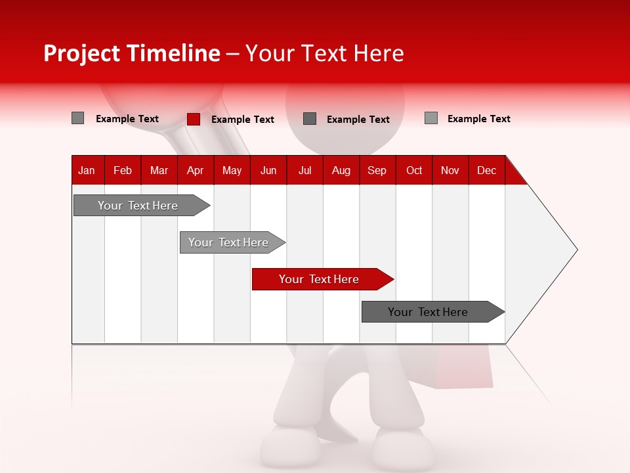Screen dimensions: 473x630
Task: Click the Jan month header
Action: point(87,170)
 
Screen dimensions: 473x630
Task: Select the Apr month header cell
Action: point(195,170)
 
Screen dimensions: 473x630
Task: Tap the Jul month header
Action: point(304,170)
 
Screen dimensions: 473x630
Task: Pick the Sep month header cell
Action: point(377,170)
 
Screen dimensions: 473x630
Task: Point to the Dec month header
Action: point(486,170)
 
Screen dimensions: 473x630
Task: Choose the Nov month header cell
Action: point(450,170)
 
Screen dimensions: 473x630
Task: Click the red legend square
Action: point(193,119)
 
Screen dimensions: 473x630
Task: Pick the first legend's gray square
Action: point(77,118)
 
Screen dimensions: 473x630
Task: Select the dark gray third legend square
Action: point(310,118)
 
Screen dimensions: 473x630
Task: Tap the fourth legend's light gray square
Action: point(431,118)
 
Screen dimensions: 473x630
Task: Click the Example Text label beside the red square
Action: point(242,120)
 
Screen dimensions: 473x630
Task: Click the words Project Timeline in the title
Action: point(131,53)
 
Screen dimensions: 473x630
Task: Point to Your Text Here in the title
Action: point(324,53)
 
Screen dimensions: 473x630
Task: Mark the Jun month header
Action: point(268,170)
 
